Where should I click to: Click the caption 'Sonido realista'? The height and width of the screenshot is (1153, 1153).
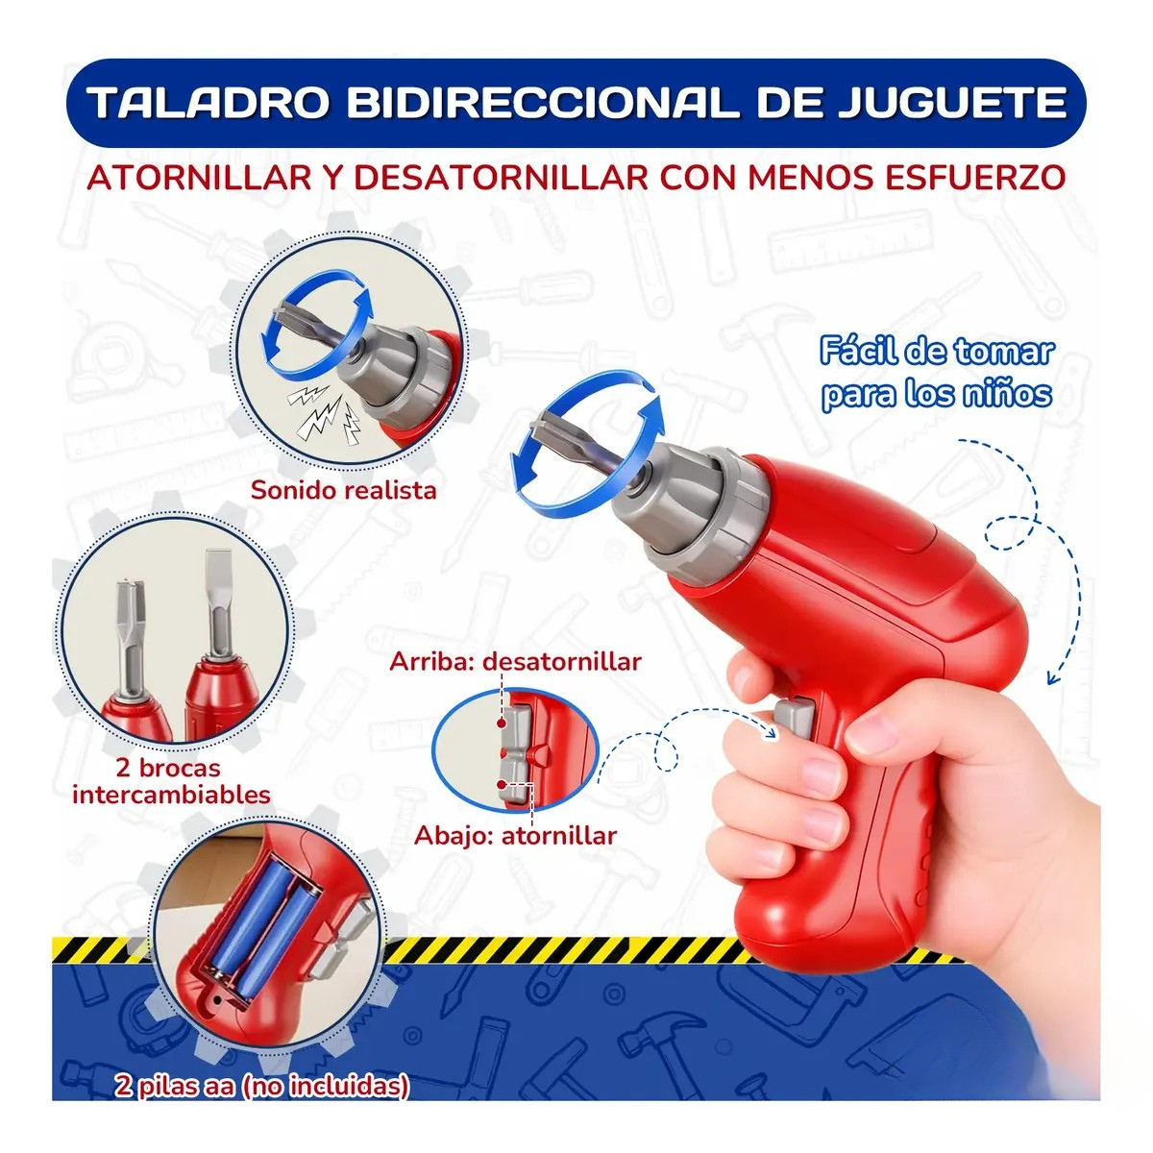point(343,490)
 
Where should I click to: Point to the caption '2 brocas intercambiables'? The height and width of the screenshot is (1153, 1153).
point(171,781)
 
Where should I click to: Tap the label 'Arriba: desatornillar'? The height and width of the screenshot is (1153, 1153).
point(515,661)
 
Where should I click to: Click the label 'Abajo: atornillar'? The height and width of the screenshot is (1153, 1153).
point(515,835)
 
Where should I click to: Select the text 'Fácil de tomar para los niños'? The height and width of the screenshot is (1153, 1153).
point(936,373)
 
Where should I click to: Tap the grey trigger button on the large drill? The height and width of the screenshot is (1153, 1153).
point(794,716)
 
